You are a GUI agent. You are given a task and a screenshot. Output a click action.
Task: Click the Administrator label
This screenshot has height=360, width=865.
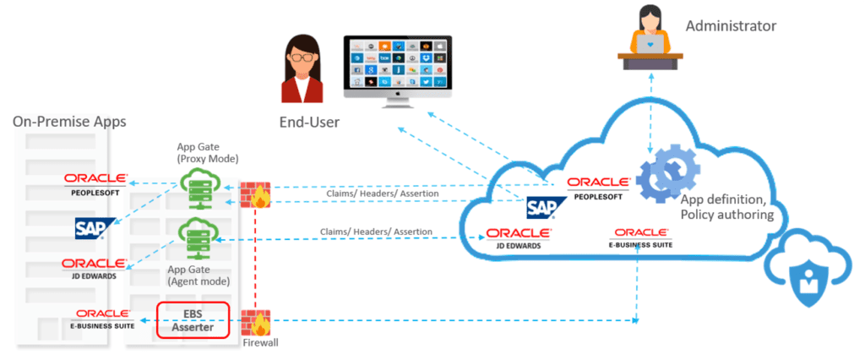[730, 25]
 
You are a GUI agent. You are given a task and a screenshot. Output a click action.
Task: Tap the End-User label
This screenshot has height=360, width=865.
[309, 123]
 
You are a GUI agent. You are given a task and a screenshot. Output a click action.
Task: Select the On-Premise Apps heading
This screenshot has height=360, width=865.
[69, 122]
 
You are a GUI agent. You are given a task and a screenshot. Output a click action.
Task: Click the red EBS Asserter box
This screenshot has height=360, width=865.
[193, 320]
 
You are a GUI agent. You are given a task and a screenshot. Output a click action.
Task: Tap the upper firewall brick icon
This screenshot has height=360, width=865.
[254, 194]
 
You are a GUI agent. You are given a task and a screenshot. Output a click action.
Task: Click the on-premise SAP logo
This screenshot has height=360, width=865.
[95, 227]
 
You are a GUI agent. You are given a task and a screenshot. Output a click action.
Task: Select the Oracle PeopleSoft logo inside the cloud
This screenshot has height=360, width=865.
[598, 188]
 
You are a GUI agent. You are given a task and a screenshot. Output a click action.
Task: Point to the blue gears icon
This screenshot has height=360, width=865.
[667, 180]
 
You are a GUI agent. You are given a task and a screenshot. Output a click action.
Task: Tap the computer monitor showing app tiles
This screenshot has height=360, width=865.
[397, 68]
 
